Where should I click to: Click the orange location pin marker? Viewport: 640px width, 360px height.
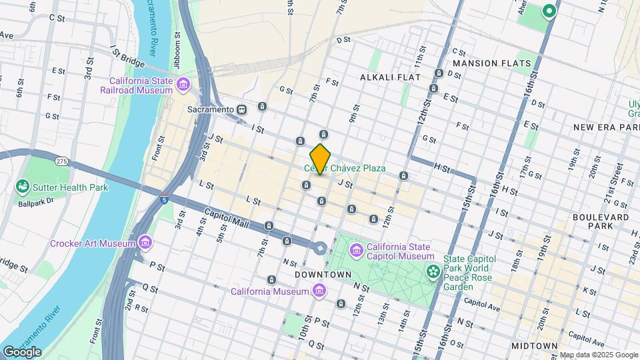pyautogui.click(x=321, y=159)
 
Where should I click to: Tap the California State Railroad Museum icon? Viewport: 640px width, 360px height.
pyautogui.click(x=183, y=85)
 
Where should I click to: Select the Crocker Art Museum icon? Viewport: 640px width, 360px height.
pyautogui.click(x=145, y=243)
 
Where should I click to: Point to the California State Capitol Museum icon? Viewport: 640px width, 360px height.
pyautogui.click(x=357, y=251)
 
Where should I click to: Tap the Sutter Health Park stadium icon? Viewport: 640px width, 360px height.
pyautogui.click(x=23, y=187)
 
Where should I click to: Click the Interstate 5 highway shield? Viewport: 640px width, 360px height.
pyautogui.click(x=164, y=199)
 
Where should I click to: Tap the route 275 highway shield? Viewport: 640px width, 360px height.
pyautogui.click(x=62, y=161)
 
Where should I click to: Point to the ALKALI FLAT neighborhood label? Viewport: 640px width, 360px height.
pyautogui.click(x=390, y=77)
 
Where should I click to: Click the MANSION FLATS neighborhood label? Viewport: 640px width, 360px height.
pyautogui.click(x=492, y=63)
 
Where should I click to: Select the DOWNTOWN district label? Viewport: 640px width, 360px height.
pyautogui.click(x=323, y=275)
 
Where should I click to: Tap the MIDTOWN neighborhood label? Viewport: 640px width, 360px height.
pyautogui.click(x=534, y=345)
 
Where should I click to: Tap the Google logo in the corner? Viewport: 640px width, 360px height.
pyautogui.click(x=22, y=352)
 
